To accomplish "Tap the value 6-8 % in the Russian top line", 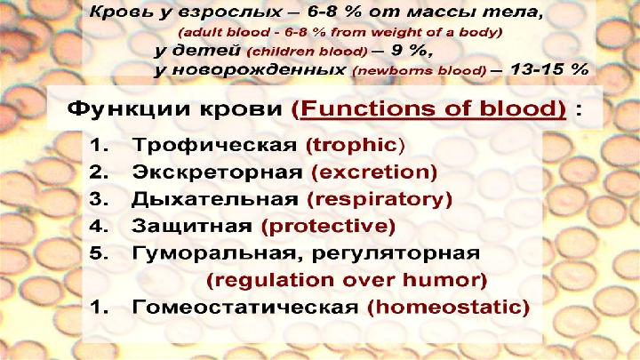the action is pos(334,12).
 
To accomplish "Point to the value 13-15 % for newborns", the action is pos(549,69).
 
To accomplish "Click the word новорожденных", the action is pos(259,70).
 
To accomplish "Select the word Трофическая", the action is pos(215,145).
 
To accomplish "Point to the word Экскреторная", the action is pos(217,172).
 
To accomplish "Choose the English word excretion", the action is pos(374,172).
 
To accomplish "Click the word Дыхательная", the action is pos(215,200).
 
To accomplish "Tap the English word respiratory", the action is pos(380,200).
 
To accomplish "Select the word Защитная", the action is pos(192,226).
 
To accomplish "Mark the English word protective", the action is pos(328,226).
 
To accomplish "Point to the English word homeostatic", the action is pos(448,307).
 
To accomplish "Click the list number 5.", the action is pos(98,253).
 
